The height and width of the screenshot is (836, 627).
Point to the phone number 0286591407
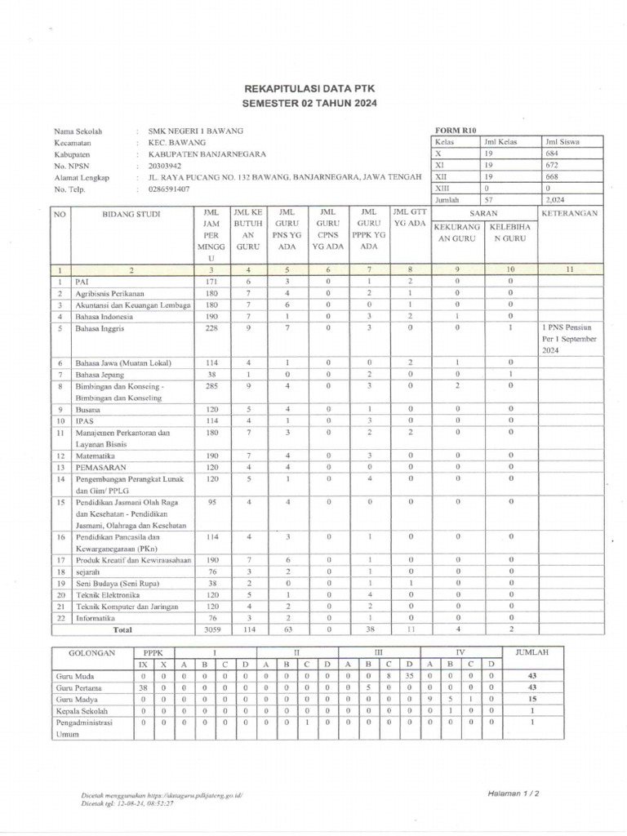pos(169,189)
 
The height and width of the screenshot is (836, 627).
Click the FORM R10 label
pos(456,130)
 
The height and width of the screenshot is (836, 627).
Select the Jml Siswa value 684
pos(553,153)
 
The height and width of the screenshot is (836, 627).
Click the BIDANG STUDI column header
pos(131,214)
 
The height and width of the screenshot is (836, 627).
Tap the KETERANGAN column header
pos(570,213)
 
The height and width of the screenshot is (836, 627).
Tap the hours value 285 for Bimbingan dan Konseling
pos(211,385)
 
